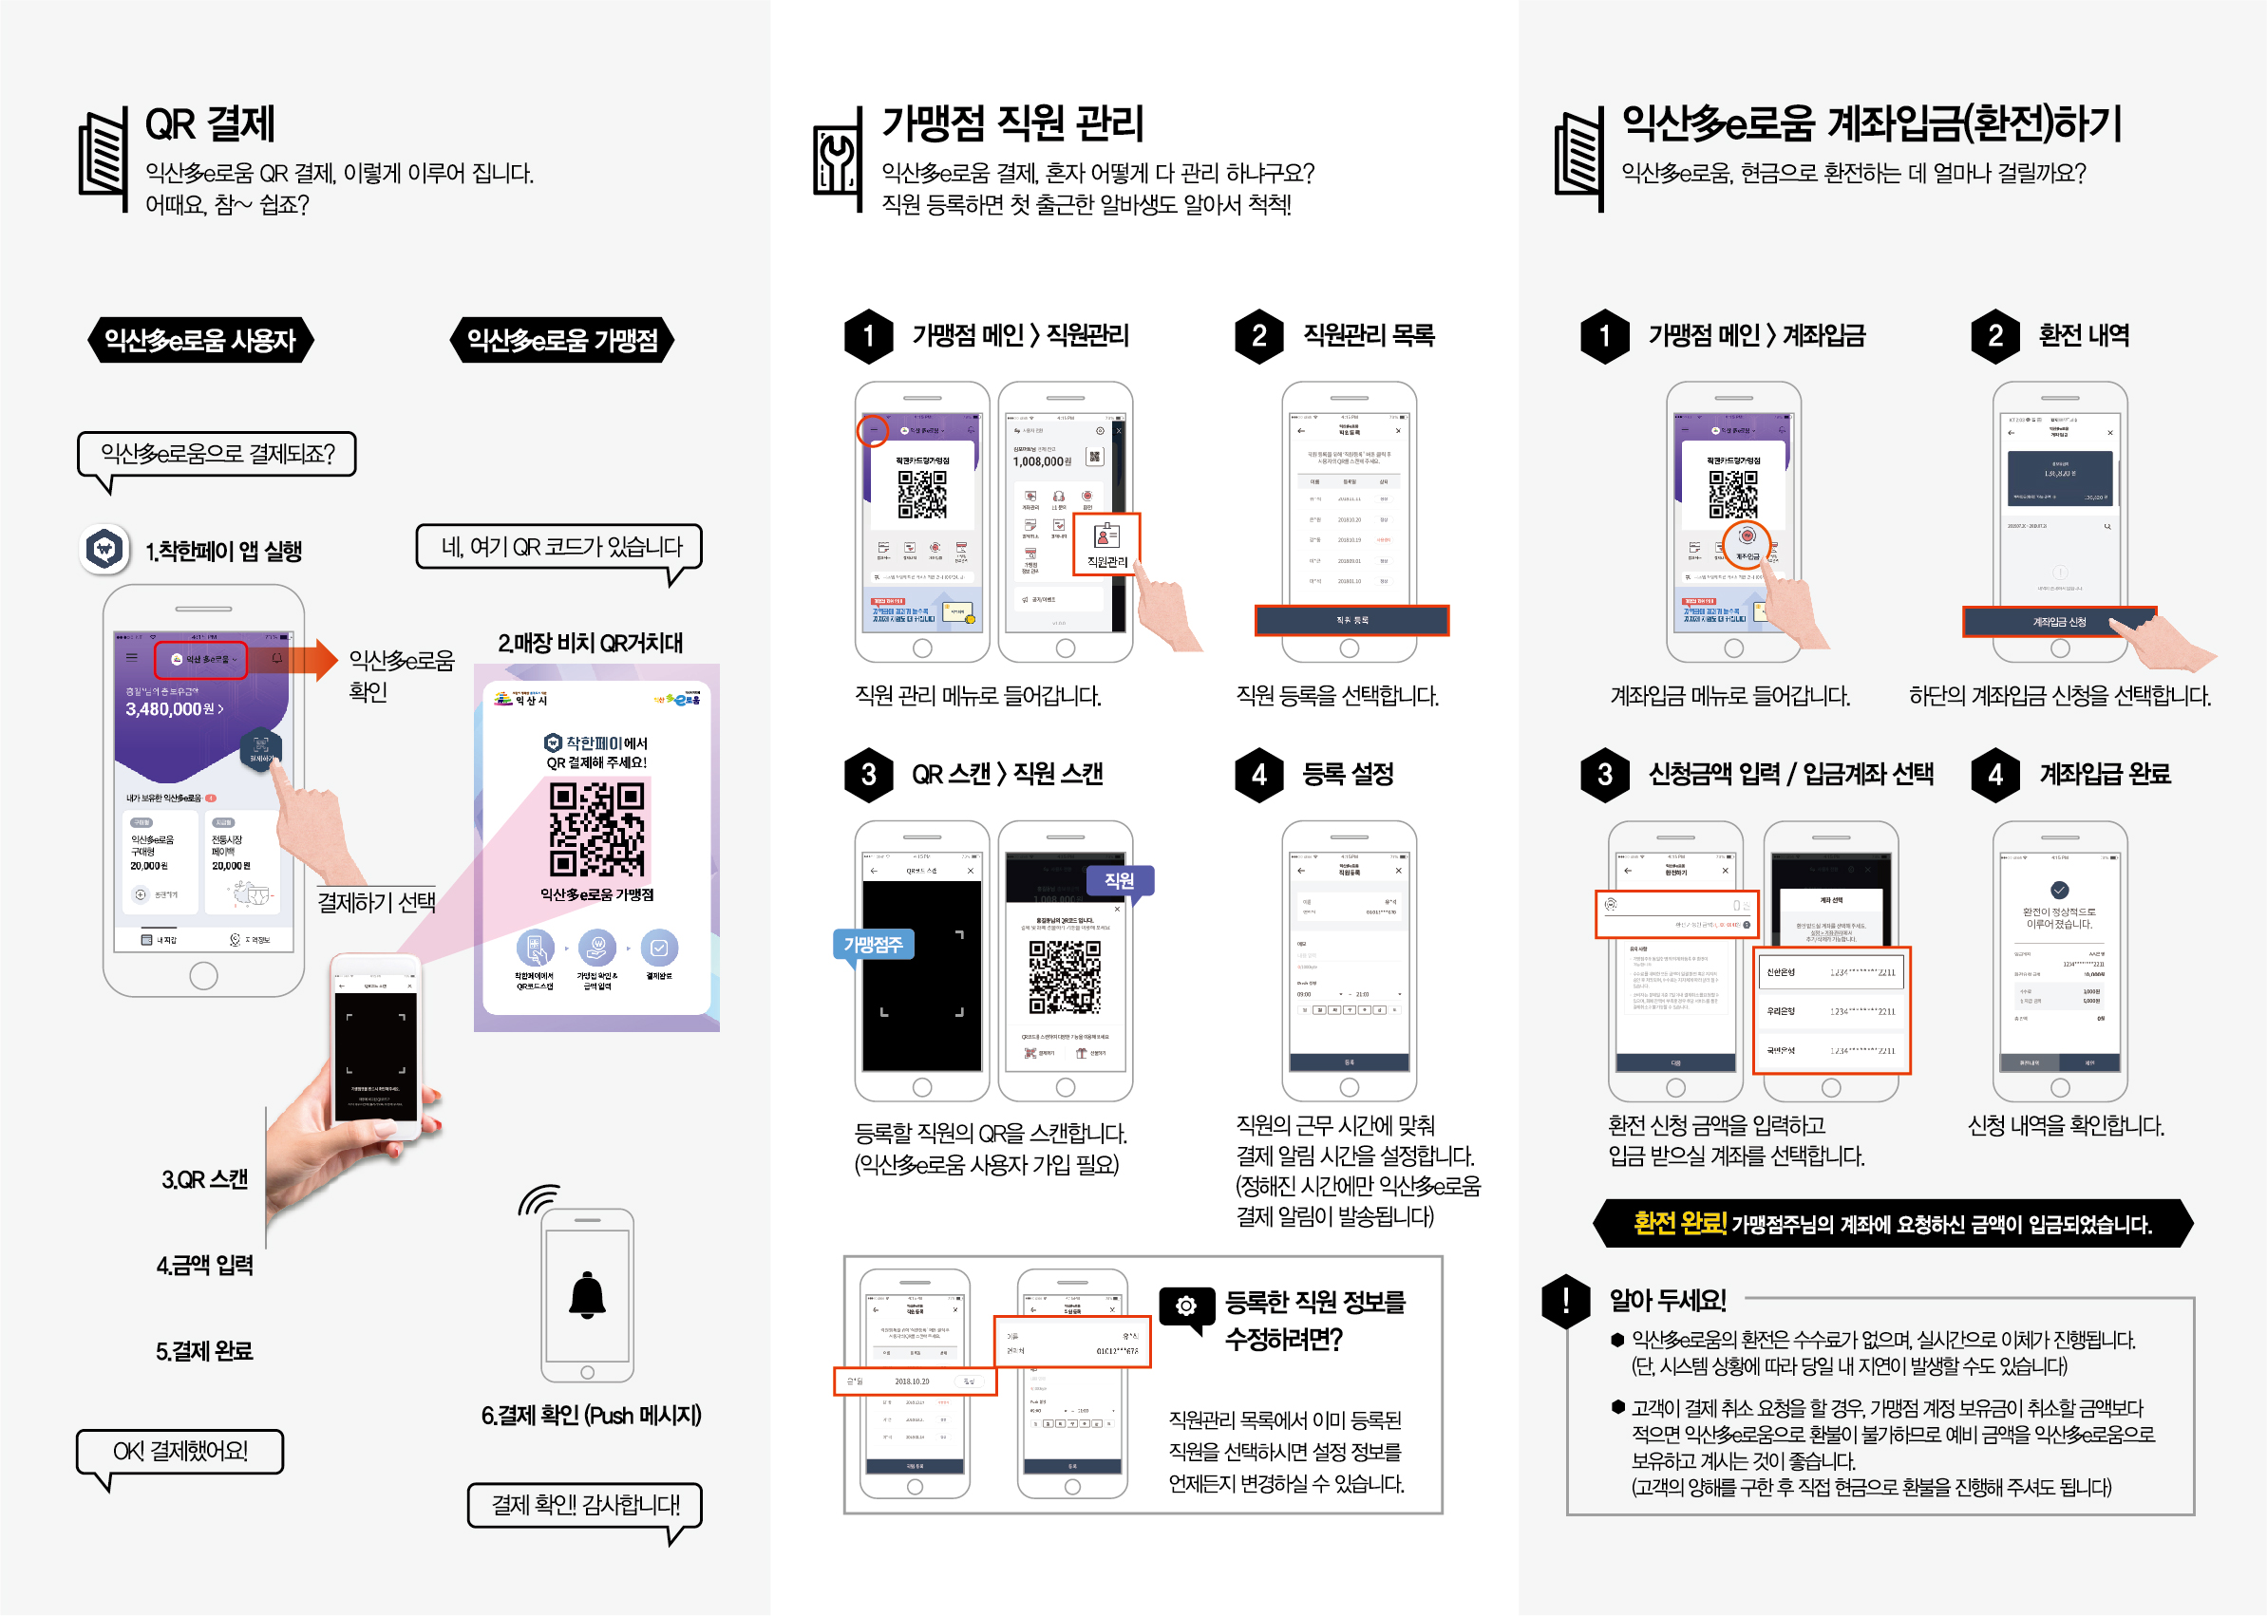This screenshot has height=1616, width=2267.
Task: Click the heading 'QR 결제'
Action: click(209, 123)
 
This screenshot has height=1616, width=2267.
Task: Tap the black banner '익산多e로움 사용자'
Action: click(200, 340)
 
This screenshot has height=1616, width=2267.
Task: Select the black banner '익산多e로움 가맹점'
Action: click(562, 340)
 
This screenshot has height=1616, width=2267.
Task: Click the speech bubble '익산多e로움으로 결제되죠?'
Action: click(217, 454)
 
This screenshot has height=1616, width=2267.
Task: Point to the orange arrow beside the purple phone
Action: click(316, 659)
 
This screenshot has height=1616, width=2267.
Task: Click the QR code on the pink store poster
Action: click(597, 828)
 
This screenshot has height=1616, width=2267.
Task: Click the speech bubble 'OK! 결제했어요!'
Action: click(180, 1451)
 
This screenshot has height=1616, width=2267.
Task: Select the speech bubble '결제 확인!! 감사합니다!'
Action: click(585, 1504)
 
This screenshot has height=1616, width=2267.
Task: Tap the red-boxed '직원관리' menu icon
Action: click(1105, 544)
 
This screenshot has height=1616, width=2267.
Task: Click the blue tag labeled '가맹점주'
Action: click(873, 945)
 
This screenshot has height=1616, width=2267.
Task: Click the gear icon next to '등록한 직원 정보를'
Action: click(1185, 1305)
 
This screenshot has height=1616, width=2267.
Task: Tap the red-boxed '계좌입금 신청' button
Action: click(2058, 621)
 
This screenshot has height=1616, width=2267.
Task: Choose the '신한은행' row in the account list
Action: click(1830, 972)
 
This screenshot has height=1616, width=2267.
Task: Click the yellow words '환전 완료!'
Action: click(1678, 1223)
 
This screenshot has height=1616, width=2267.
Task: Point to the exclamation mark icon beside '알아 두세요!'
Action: click(1565, 1301)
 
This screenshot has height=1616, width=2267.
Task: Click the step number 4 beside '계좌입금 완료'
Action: click(1995, 773)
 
